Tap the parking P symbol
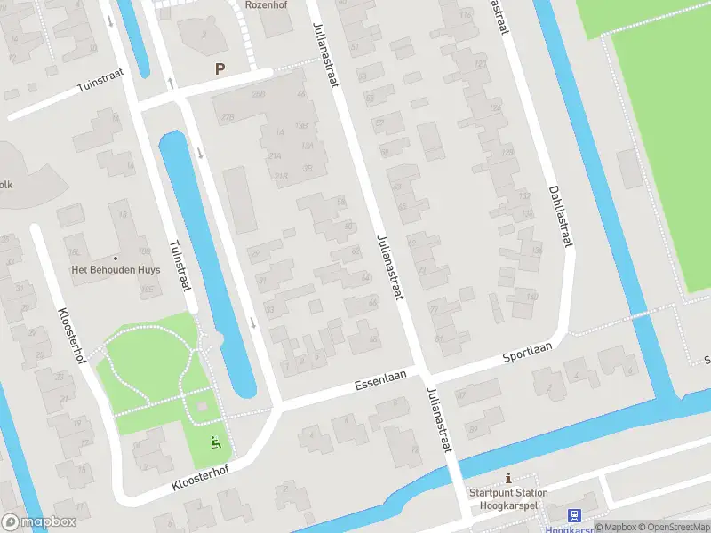coord(220,68)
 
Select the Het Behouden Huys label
coord(116,271)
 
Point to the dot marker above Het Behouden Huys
coord(115,258)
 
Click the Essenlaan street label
coord(379,380)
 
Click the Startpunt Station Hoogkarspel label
coord(508,498)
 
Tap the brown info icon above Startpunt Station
coord(508,478)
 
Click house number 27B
coord(228,116)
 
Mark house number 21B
coord(282,176)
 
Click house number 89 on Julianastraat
coord(473,430)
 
